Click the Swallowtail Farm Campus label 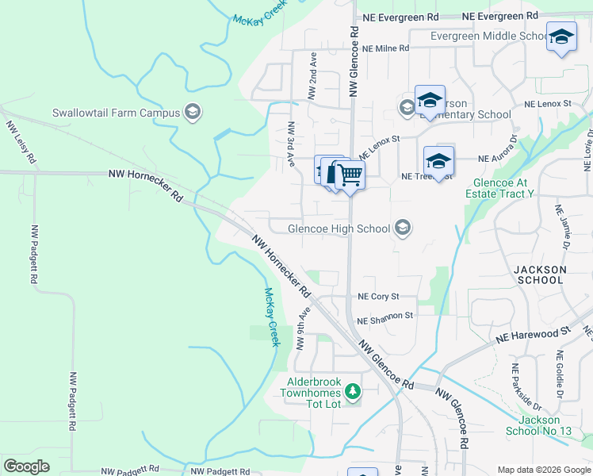[117, 113]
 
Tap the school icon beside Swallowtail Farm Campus [192, 112]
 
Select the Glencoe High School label [339, 229]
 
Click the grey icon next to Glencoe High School [403, 228]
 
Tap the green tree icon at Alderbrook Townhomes [353, 391]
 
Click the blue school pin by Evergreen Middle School [562, 38]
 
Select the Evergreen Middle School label [489, 36]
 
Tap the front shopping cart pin [350, 175]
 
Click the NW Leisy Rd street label [21, 142]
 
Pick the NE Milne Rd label [385, 48]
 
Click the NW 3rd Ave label [291, 144]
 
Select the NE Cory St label [377, 296]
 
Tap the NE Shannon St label [385, 316]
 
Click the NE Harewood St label [534, 333]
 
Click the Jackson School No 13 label [538, 425]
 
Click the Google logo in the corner [27, 466]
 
